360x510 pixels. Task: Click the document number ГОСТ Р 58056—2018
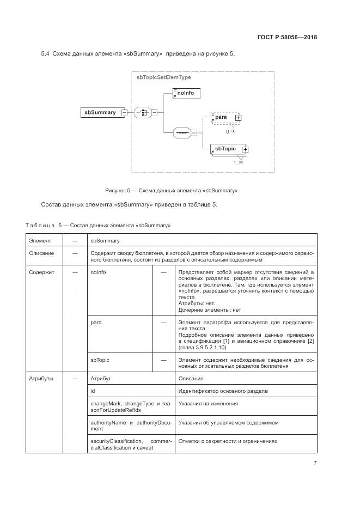coord(287,38)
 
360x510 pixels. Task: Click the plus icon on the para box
coord(238,118)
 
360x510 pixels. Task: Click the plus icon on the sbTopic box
coord(245,149)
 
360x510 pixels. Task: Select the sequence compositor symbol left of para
coord(181,132)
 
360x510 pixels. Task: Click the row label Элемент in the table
coord(41,240)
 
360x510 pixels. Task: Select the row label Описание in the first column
coord(42,253)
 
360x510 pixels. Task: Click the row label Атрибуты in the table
coord(42,378)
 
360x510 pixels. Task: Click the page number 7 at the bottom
coord(315,463)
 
